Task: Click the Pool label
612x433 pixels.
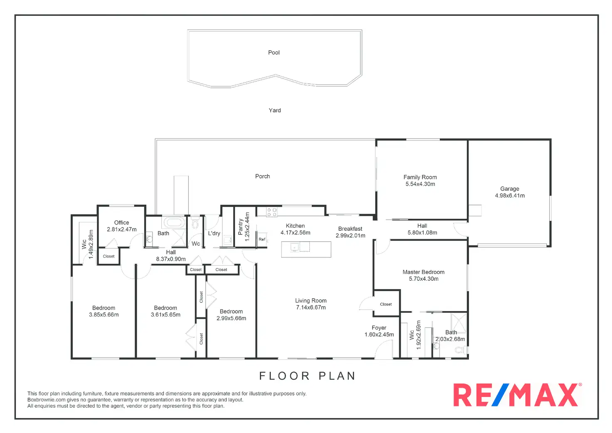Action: (274, 52)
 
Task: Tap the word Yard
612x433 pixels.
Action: (274, 110)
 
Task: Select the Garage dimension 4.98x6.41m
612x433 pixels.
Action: (510, 195)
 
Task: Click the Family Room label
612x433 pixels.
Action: (420, 177)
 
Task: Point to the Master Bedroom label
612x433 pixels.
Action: (423, 272)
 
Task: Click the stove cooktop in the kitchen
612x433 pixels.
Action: (271, 212)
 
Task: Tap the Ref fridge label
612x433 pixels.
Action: (262, 239)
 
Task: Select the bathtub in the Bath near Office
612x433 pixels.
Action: (174, 222)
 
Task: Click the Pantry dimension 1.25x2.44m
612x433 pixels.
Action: (247, 227)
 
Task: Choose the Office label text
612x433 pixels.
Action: (121, 223)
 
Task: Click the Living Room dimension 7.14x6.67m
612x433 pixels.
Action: (311, 307)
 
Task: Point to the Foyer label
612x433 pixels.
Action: (379, 328)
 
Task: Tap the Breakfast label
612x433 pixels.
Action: (350, 229)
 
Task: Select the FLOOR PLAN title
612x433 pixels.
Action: (307, 376)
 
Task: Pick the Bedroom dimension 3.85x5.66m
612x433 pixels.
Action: (104, 315)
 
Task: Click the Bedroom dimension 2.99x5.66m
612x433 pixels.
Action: (231, 318)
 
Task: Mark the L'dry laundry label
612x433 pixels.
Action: (214, 233)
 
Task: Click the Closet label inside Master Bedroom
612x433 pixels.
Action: (386, 304)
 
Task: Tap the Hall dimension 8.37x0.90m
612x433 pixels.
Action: (171, 259)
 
